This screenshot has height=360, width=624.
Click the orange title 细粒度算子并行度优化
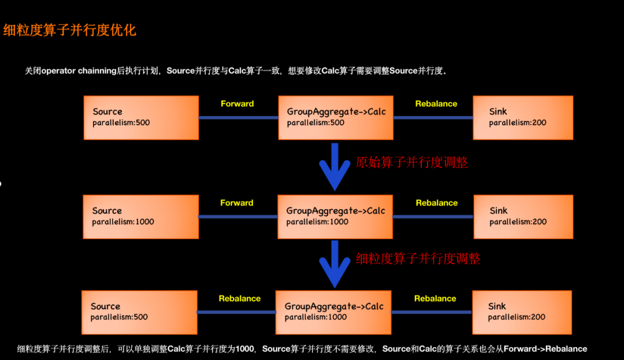[70, 30]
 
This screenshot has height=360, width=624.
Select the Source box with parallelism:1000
[141, 217]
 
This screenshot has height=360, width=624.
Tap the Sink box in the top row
[523, 117]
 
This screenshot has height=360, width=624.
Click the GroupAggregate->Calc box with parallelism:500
[336, 117]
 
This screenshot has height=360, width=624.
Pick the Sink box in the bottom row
[522, 312]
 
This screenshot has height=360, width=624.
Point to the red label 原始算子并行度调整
[412, 162]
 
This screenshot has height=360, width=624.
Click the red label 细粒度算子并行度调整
[418, 259]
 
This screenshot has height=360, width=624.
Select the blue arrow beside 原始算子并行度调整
[335, 167]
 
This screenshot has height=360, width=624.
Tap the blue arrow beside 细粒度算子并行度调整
[335, 264]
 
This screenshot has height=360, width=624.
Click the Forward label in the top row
[237, 104]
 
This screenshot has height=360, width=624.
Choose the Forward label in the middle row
[237, 203]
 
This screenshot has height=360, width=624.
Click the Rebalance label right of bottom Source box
[239, 299]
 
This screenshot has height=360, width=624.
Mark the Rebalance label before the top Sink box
[436, 104]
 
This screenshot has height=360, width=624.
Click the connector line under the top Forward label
[238, 118]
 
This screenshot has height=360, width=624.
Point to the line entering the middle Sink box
[433, 217]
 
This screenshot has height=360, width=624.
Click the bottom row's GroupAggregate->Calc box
[333, 312]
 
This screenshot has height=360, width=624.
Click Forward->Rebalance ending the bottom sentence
[545, 349]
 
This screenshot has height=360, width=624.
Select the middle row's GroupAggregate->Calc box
[335, 217]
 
